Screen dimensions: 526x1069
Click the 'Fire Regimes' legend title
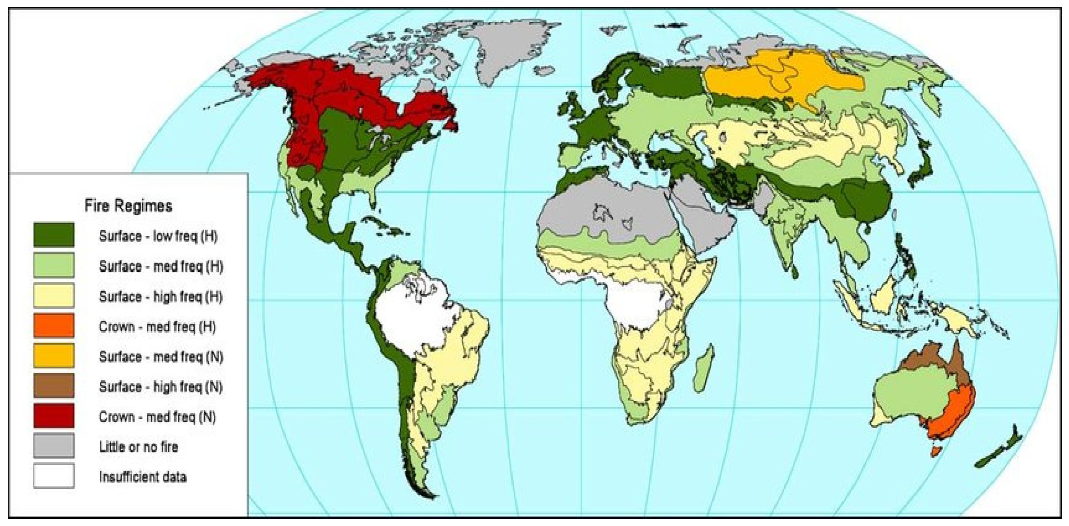tap(128, 206)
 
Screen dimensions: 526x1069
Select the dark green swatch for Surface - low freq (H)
tap(54, 235)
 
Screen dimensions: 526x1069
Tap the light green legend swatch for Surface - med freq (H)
tap(54, 265)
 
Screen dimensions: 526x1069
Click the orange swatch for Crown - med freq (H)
tap(54, 325)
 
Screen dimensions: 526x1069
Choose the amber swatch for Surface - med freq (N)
tap(54, 356)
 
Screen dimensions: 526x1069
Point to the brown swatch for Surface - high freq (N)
tap(54, 386)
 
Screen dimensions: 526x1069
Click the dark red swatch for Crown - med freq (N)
tap(54, 415)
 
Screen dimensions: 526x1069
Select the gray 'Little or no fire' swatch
tap(54, 446)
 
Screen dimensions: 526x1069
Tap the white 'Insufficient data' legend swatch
tap(54, 476)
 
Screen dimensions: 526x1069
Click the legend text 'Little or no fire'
tap(138, 447)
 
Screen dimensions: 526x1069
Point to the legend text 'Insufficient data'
tap(142, 477)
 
